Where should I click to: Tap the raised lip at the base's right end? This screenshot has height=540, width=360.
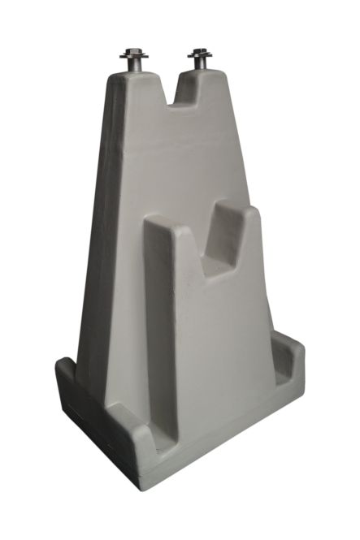[x=290, y=345]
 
